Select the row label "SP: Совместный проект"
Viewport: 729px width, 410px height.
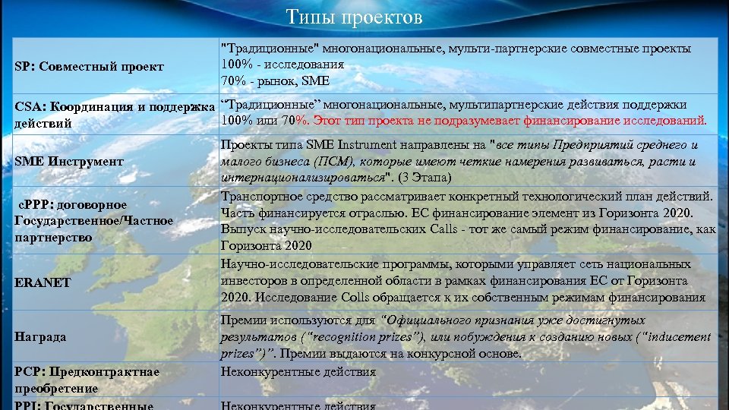(x=90, y=66)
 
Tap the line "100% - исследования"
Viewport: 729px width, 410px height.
(x=282, y=65)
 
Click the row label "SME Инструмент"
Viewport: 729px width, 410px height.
(x=68, y=161)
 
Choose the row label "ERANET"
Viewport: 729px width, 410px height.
(x=43, y=282)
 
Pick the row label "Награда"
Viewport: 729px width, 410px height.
(x=40, y=336)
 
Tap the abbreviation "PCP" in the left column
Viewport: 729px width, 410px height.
(x=28, y=371)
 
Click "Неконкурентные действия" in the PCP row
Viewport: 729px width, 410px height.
(x=298, y=371)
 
